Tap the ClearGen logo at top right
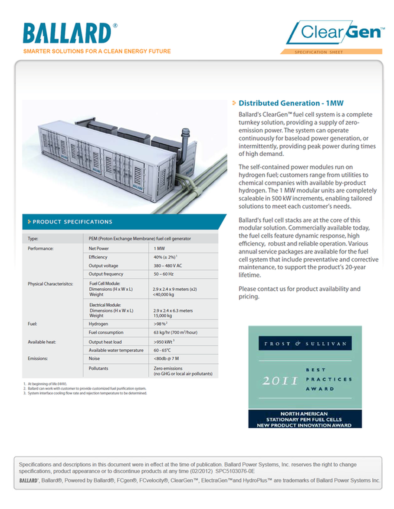click(x=335, y=33)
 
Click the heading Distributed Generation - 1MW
click(x=291, y=103)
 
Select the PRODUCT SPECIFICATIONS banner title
click(x=72, y=222)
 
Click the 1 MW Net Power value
click(x=158, y=249)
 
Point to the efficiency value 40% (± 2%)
click(x=165, y=257)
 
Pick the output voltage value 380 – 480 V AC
click(x=167, y=266)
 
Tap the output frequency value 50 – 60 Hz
click(x=163, y=274)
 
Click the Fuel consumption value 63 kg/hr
click(x=175, y=333)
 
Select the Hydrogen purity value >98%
click(x=160, y=324)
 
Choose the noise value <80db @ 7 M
click(x=166, y=359)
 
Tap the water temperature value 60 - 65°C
click(x=162, y=350)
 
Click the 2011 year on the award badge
click(x=280, y=381)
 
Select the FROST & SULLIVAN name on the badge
click(x=305, y=344)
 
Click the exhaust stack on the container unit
click(x=186, y=139)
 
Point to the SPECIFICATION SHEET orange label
click(x=319, y=52)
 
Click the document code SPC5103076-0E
click(x=235, y=470)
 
